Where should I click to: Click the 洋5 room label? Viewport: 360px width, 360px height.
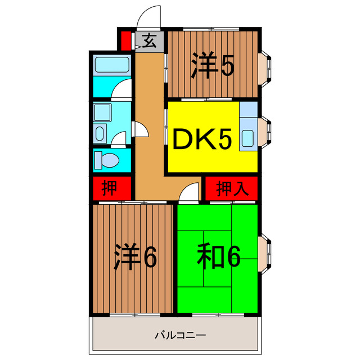212,66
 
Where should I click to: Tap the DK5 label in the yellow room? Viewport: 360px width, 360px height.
201,140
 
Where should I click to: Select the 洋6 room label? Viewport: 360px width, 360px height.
135,257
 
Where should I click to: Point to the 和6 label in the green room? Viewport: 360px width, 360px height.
218,257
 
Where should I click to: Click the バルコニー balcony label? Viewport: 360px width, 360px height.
181,336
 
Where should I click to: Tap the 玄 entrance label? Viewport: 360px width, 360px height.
149,40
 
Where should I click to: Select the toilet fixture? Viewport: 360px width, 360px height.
106,160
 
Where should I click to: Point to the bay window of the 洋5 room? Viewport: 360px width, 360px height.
265,66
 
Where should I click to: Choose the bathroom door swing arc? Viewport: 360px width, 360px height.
122,90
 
